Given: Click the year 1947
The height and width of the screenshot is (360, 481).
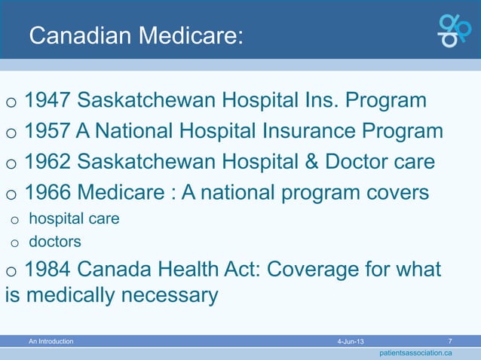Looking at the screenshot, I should point(47,101).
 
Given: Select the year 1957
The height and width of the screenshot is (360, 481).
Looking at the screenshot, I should point(47,132).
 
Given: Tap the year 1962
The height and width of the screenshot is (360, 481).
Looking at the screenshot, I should point(47,163).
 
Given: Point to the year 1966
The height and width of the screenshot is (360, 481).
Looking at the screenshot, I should point(47,194).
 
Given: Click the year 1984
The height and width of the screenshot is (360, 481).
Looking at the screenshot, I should point(47,270).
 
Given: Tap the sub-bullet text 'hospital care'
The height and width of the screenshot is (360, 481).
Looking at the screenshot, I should point(74,219).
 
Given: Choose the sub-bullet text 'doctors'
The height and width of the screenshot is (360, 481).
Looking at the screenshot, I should point(54,242).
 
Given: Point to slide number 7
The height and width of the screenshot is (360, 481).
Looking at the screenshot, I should point(450,341).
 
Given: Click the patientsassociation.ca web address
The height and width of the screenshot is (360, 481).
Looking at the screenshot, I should point(415,352).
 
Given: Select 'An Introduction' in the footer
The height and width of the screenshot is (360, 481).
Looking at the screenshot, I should point(51,342).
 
